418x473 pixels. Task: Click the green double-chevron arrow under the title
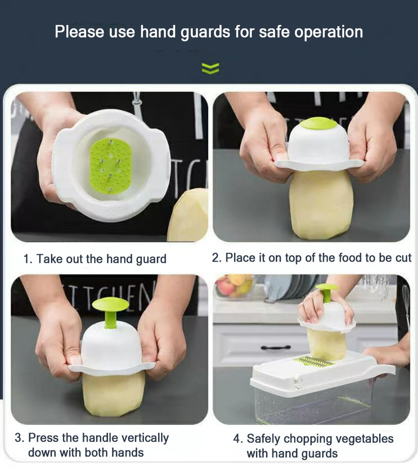pyautogui.click(x=210, y=68)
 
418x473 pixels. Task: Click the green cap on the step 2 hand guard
pyautogui.click(x=318, y=123)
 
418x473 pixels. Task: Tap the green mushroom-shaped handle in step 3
pyautogui.click(x=111, y=311)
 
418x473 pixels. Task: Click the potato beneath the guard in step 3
pyautogui.click(x=113, y=394)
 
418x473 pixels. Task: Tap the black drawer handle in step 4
pyautogui.click(x=275, y=347)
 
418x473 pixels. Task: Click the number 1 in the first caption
pyautogui.click(x=27, y=259)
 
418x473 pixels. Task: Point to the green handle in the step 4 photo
pyautogui.click(x=327, y=291)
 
